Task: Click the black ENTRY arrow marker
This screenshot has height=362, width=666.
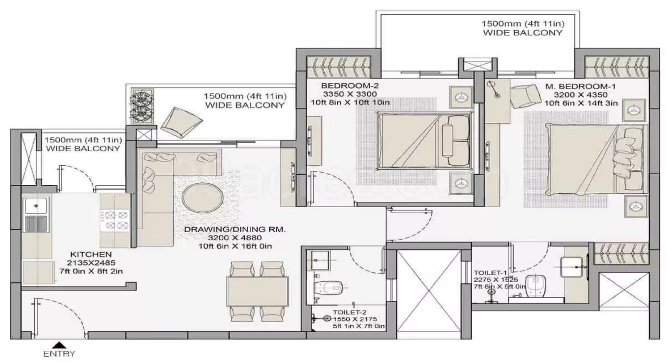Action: (x=59, y=345)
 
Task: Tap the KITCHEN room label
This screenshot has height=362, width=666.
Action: (x=91, y=255)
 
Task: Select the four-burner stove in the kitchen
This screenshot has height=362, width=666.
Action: (x=115, y=220)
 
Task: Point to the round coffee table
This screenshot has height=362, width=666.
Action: (x=201, y=197)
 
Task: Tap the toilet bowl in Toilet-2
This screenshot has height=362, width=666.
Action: (x=330, y=287)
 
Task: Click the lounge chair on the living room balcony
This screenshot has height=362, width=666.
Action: (x=181, y=122)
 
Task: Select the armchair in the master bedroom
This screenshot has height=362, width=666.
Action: (x=523, y=96)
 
